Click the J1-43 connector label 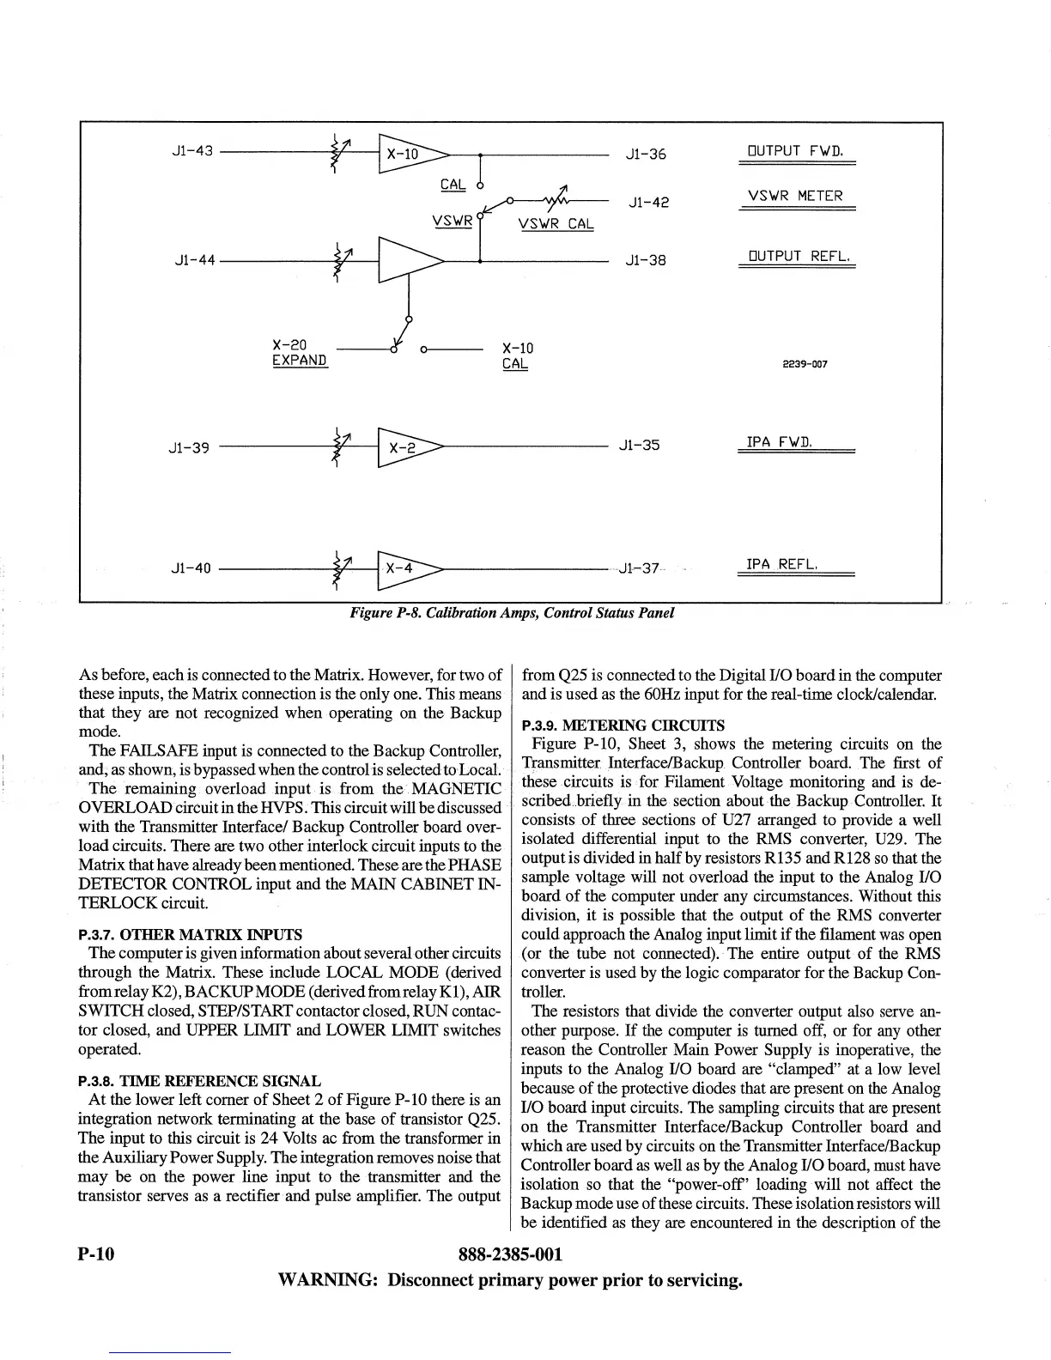pos(192,152)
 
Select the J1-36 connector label pos(646,155)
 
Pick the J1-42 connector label pos(648,203)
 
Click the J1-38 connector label pos(646,259)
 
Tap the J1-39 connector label pos(189,447)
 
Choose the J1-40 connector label pos(191,568)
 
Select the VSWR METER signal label pos(796,196)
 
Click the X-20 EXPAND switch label pos(300,353)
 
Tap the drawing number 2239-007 pos(805,364)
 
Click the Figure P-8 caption pos(511,613)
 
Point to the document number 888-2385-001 pos(511,1254)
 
